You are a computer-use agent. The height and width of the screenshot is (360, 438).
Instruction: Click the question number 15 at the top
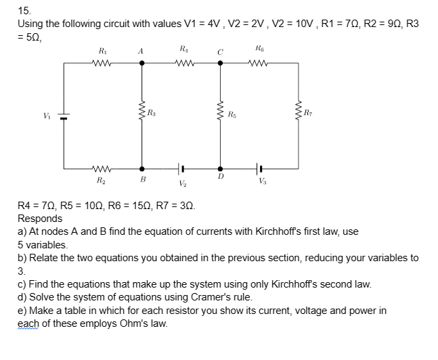pos(24,10)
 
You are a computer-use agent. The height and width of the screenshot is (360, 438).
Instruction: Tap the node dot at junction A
pos(141,63)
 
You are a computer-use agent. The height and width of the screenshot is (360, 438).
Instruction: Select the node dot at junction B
pos(141,168)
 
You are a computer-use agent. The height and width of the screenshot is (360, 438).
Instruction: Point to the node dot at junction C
pos(220,63)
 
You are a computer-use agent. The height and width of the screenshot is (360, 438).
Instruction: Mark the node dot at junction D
pos(220,168)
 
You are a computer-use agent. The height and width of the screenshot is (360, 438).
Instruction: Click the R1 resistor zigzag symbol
pos(103,63)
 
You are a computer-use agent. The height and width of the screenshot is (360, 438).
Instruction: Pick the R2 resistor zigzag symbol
pos(103,168)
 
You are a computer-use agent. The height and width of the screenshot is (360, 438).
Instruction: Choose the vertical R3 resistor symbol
pos(141,115)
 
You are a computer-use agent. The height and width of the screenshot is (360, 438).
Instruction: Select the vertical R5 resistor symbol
pos(220,115)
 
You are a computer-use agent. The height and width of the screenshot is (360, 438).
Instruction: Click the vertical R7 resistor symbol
pos(298,115)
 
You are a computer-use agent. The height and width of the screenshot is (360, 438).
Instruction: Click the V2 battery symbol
pos(181,168)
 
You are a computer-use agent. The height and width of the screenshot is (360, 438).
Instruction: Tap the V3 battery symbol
pos(259,168)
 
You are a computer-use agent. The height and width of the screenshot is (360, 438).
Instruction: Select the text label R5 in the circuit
pos(232,114)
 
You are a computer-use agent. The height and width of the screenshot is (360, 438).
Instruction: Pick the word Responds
pos(40,219)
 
